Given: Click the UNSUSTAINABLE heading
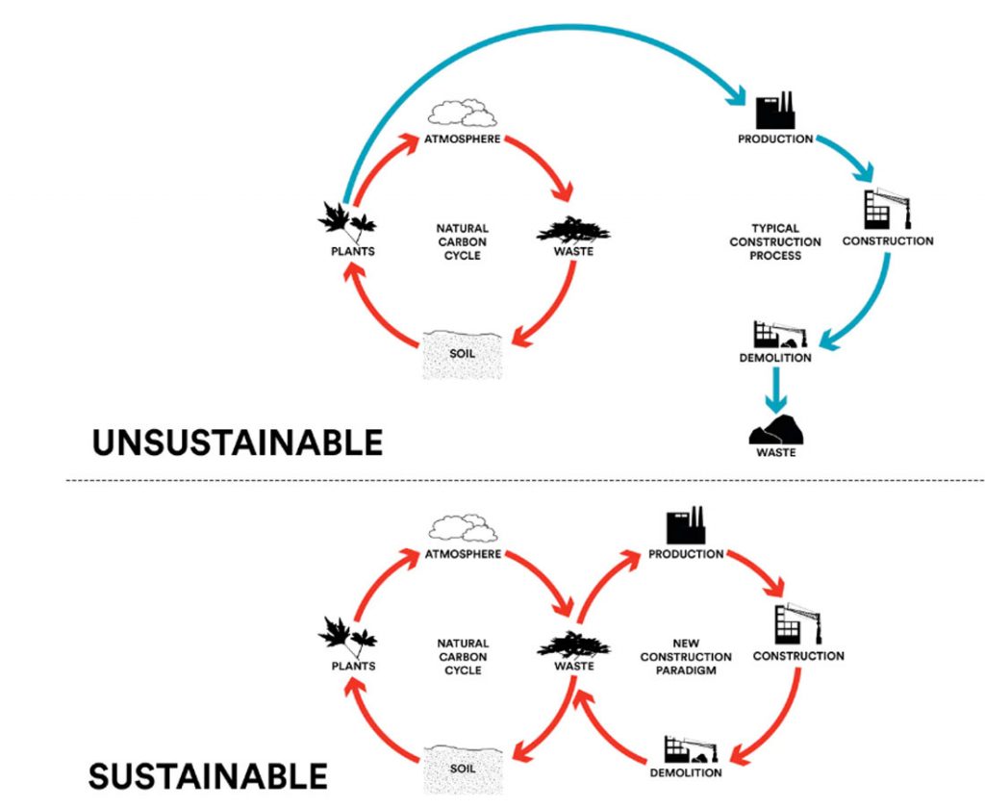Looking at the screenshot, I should click(238, 442).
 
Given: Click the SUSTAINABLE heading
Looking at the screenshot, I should click(209, 774).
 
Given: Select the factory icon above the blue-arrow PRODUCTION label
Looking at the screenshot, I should click(774, 112).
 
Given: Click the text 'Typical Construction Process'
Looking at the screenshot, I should click(774, 242).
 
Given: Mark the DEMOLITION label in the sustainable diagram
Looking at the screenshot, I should click(686, 772).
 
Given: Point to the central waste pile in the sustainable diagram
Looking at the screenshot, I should click(573, 643).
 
